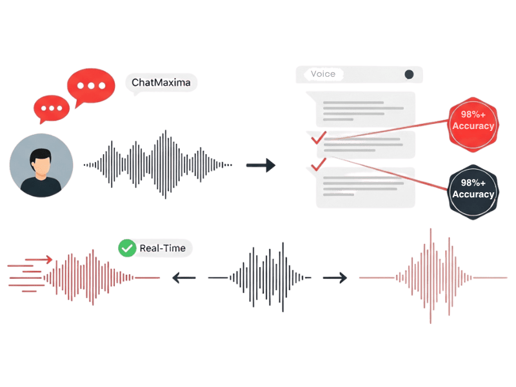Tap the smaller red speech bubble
51,108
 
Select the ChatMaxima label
161,83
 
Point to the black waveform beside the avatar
157,165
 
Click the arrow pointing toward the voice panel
261,166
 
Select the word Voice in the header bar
322,74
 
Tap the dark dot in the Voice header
409,74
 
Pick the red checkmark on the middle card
317,137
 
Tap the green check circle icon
128,248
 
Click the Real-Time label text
161,248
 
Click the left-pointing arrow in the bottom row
183,278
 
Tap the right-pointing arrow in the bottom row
335,278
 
